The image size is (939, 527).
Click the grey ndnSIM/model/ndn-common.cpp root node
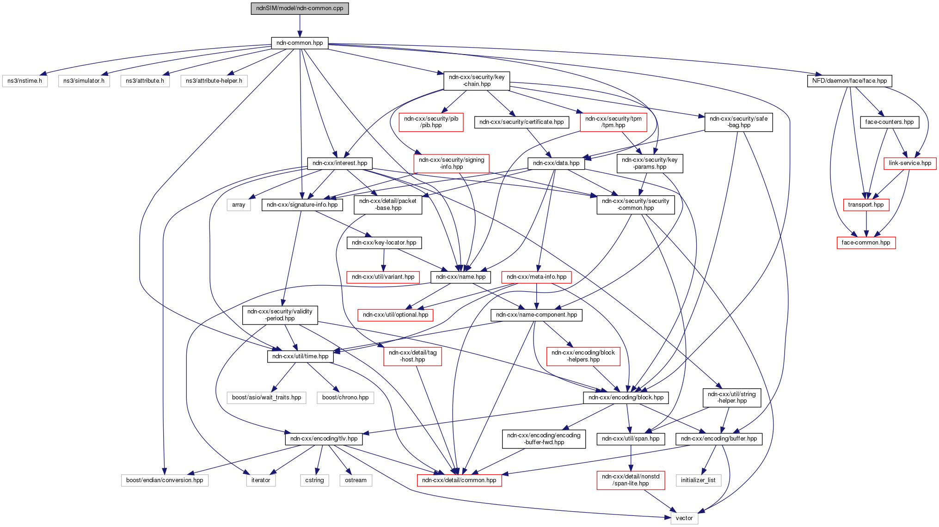(x=300, y=8)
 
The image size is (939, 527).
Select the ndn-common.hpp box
(x=300, y=43)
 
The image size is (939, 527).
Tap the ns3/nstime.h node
(x=25, y=81)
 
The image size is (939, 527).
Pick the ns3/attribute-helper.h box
(x=214, y=81)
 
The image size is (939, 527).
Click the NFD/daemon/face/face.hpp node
(x=849, y=81)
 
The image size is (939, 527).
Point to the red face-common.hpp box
(x=866, y=243)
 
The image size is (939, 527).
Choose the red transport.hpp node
(x=865, y=205)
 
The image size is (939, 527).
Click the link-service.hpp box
(x=909, y=163)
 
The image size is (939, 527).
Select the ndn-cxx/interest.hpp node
(x=340, y=163)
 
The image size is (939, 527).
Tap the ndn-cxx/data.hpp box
(x=556, y=163)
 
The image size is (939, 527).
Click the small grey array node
(x=239, y=205)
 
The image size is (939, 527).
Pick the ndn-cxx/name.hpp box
(x=460, y=277)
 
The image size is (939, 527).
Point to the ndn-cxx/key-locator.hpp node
(x=384, y=243)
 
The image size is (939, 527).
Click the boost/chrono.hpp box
(x=345, y=398)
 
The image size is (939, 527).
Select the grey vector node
(x=684, y=518)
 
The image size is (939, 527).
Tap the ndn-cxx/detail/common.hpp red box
(x=459, y=480)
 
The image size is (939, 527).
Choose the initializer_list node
(x=698, y=480)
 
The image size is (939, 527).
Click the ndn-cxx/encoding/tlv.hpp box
(x=324, y=439)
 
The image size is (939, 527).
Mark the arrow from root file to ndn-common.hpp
(x=300, y=26)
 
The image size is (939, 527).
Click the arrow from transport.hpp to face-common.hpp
(x=866, y=224)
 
